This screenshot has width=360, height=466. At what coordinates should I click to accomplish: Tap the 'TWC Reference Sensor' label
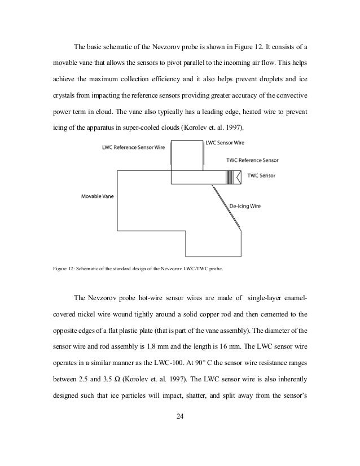pos(252,160)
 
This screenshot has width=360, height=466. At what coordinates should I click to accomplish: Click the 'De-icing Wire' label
pos(245,206)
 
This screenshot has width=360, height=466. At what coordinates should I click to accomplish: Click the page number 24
pos(180,417)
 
